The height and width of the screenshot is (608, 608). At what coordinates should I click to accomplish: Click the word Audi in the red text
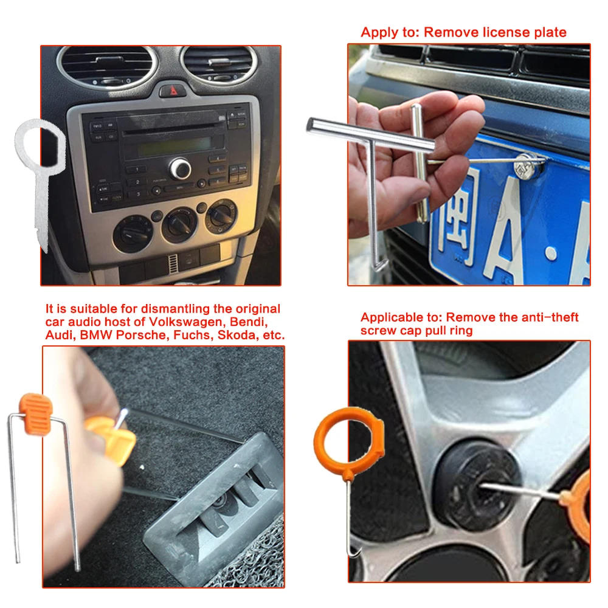point(59,335)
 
